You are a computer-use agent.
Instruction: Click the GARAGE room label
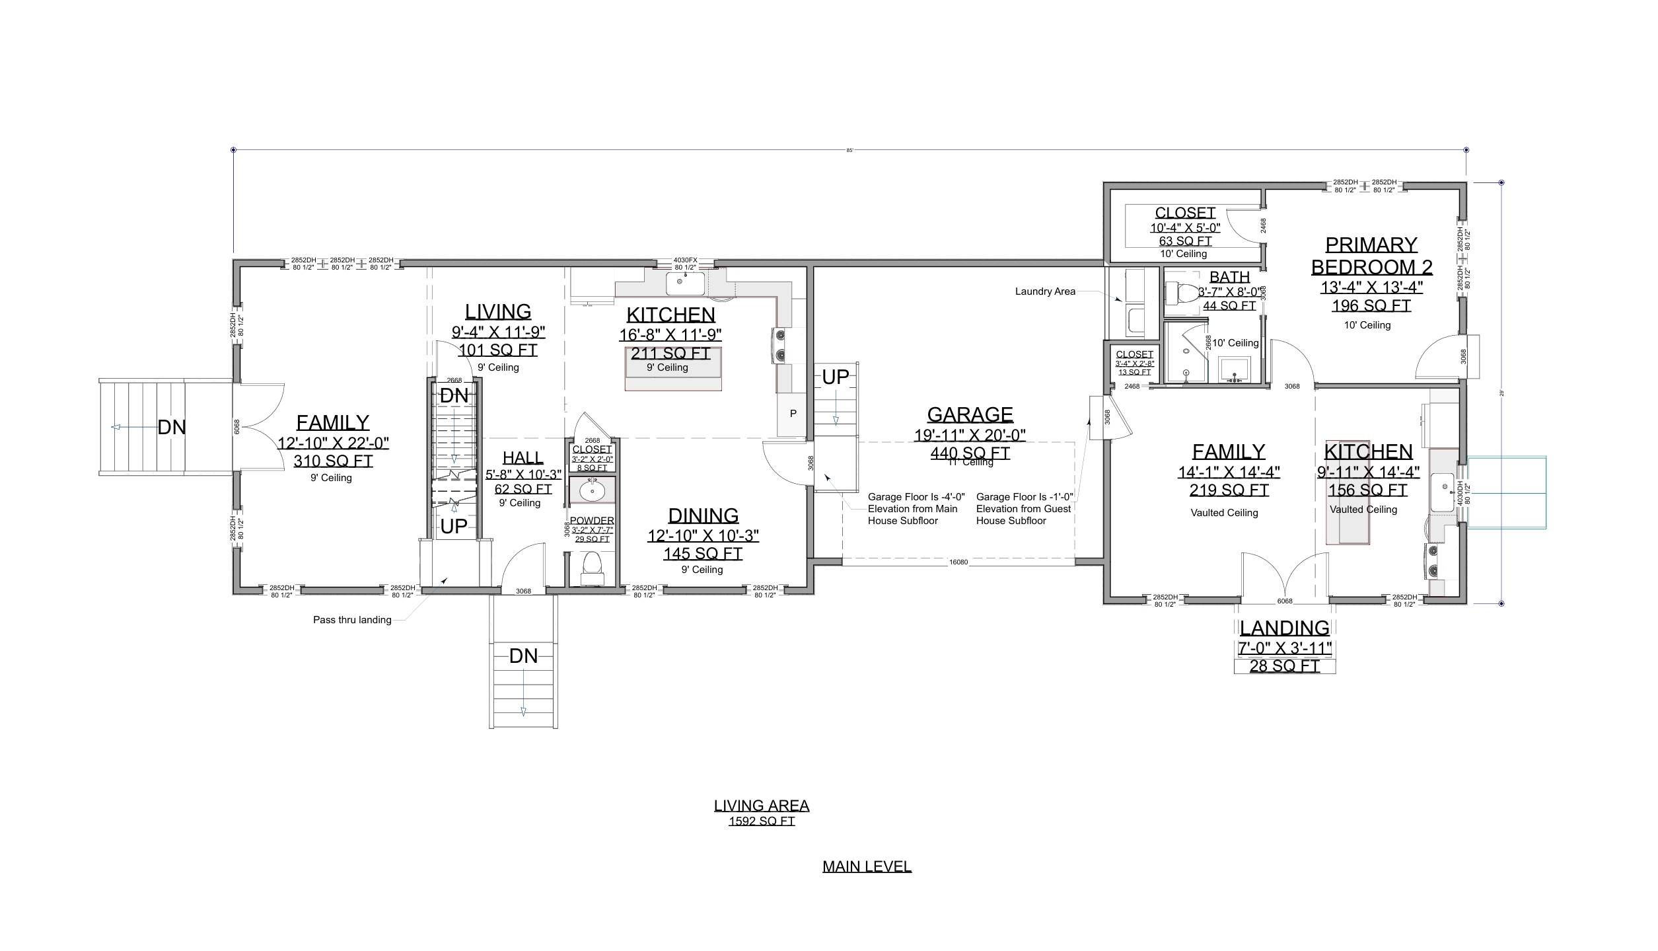(x=970, y=414)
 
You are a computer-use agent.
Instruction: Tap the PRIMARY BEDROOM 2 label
(x=1371, y=256)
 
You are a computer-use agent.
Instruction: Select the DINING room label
(x=703, y=515)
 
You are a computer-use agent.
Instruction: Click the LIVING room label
(x=497, y=311)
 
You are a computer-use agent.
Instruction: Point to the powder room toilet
(x=592, y=567)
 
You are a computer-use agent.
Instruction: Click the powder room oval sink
(x=592, y=491)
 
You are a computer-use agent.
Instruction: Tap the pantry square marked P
(x=793, y=414)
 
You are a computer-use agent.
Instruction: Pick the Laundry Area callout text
(x=1045, y=291)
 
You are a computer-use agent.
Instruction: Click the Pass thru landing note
(x=352, y=620)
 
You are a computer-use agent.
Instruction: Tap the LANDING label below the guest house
(x=1284, y=628)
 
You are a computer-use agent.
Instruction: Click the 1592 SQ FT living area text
(x=761, y=821)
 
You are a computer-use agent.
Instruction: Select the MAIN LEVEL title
(x=867, y=866)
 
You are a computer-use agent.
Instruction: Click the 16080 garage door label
(x=958, y=562)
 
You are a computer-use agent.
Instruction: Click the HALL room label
(x=523, y=457)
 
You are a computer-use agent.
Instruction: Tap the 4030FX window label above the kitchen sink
(x=685, y=260)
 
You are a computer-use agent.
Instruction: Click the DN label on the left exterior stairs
(x=172, y=428)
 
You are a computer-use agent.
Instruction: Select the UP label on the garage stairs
(x=835, y=377)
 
